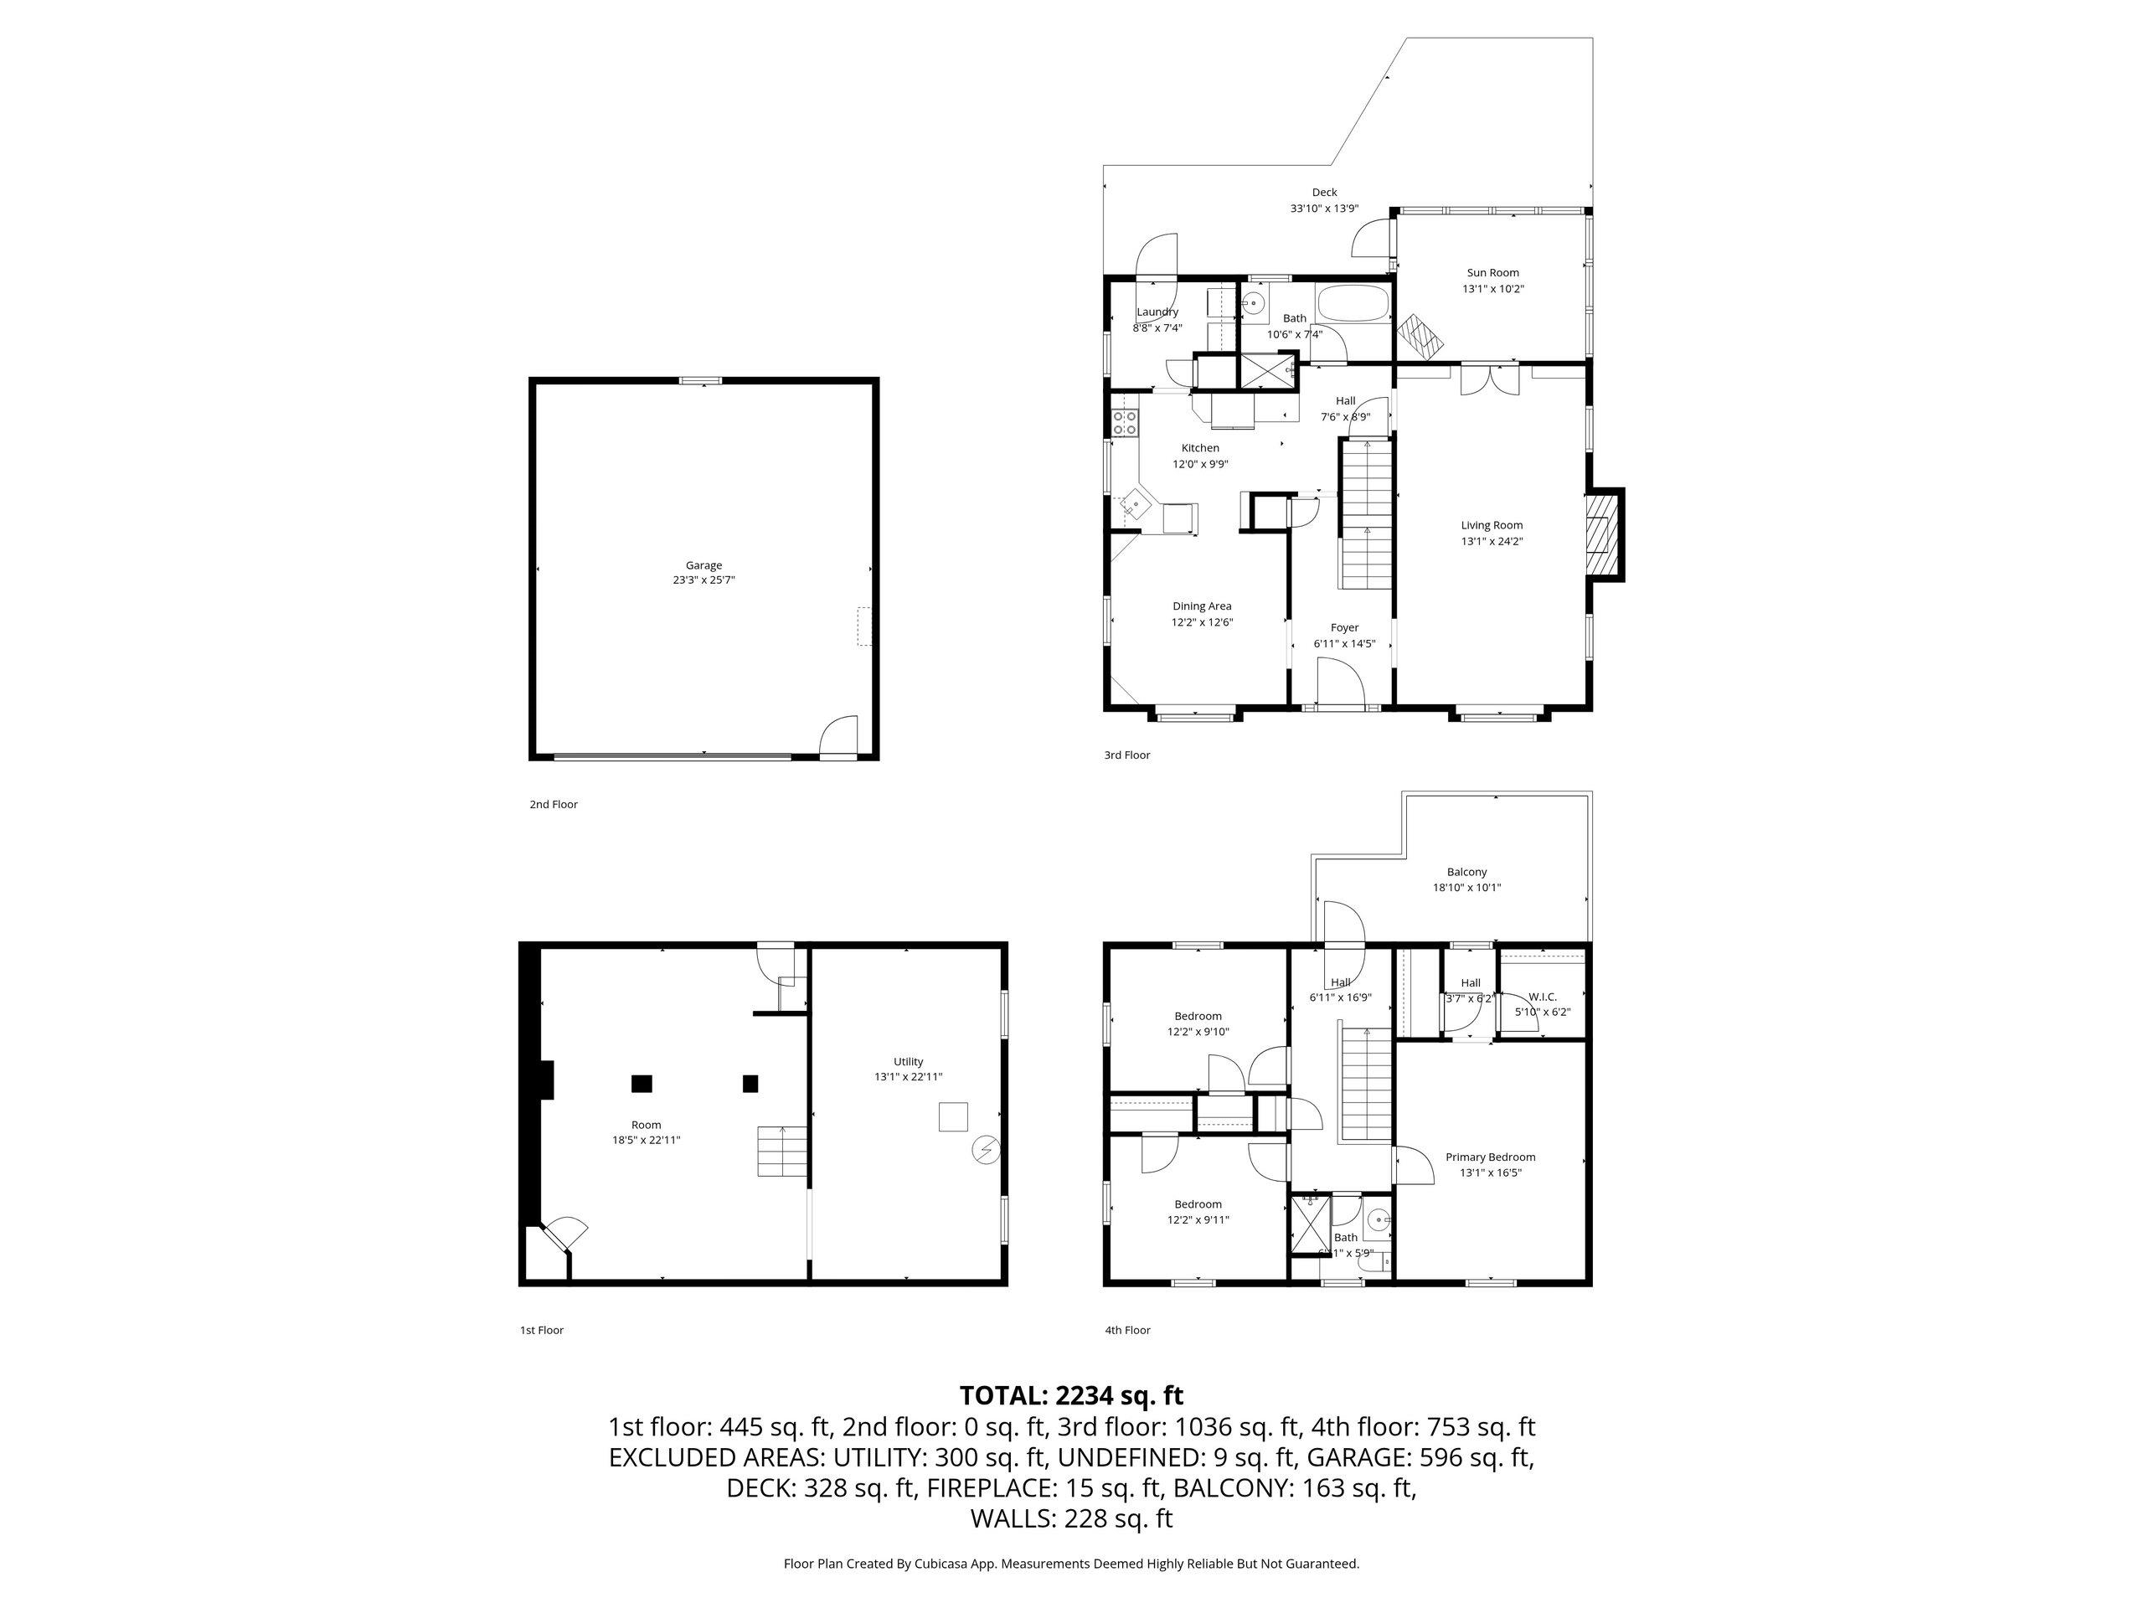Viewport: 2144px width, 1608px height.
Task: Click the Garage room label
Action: click(x=703, y=565)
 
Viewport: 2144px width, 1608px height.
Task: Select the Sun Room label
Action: click(x=1492, y=272)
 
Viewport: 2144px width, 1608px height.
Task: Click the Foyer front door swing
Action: click(x=1339, y=682)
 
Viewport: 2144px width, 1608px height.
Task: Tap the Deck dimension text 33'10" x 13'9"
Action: click(x=1324, y=209)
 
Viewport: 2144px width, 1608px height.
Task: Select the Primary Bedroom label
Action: click(x=1490, y=1157)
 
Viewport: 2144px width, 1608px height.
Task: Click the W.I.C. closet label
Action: click(x=1542, y=997)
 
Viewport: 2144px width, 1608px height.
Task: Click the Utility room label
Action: click(x=908, y=1061)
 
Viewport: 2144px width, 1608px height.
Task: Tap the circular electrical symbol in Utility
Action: click(x=984, y=1150)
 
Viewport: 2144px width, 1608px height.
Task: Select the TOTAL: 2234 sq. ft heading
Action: click(x=1071, y=1396)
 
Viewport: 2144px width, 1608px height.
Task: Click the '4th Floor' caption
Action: click(x=1127, y=1330)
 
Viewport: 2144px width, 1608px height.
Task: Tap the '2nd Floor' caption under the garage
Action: click(x=554, y=805)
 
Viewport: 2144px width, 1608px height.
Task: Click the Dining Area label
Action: click(x=1202, y=606)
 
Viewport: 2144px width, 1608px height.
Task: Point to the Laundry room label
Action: click(x=1157, y=312)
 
